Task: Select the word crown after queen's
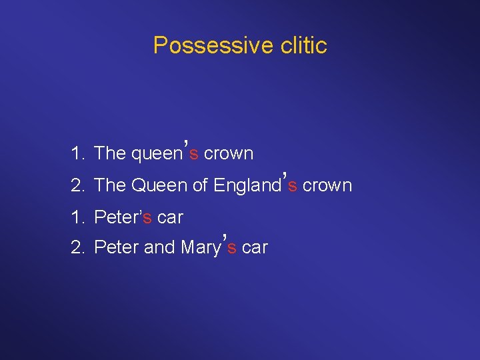[x=229, y=153]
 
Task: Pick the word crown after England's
[x=327, y=185]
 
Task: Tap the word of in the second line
[x=200, y=185]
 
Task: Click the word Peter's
[x=123, y=217]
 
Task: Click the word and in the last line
[x=159, y=247]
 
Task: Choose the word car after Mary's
[x=255, y=248]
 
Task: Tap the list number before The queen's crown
[x=76, y=153]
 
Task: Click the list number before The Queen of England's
[x=77, y=185]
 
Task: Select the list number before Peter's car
[x=76, y=217]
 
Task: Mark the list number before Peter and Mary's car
[x=77, y=247]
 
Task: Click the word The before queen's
[x=110, y=153]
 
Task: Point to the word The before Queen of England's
[x=110, y=185]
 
